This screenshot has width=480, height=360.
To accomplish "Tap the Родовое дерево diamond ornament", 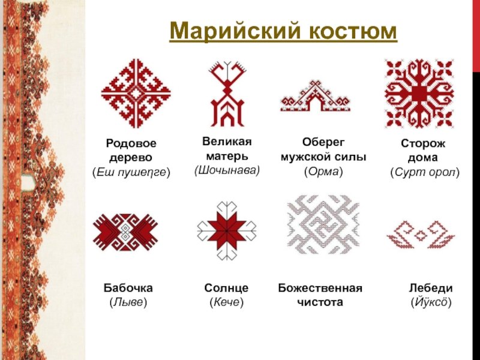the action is [x=136, y=94].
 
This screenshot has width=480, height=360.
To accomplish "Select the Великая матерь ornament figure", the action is [x=227, y=94].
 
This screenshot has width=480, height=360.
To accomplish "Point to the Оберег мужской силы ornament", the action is [x=316, y=96].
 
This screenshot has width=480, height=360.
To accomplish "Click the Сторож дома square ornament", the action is [x=419, y=94].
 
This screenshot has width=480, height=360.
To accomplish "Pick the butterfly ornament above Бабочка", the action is [x=125, y=232].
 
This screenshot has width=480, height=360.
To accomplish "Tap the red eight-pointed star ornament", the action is [x=227, y=230].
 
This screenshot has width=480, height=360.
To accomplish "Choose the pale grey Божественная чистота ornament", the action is [x=323, y=225].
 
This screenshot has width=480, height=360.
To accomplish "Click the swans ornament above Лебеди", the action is [x=421, y=235].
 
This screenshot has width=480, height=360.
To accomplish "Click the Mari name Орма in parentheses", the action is [x=323, y=172].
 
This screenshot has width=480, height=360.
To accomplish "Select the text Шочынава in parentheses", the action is [x=227, y=170].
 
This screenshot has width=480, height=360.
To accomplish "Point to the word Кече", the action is [x=227, y=302].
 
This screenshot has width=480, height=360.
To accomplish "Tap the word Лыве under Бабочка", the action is [x=128, y=302].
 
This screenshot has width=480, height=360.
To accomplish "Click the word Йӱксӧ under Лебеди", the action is [x=431, y=302].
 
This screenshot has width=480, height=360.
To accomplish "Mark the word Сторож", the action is [x=423, y=143].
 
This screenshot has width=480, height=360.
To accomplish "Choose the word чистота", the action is [x=320, y=302].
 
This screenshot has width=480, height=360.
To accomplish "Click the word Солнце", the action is [x=226, y=288].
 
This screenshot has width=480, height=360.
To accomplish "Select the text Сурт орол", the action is [x=425, y=172].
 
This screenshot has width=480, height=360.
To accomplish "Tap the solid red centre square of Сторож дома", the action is [x=419, y=94].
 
